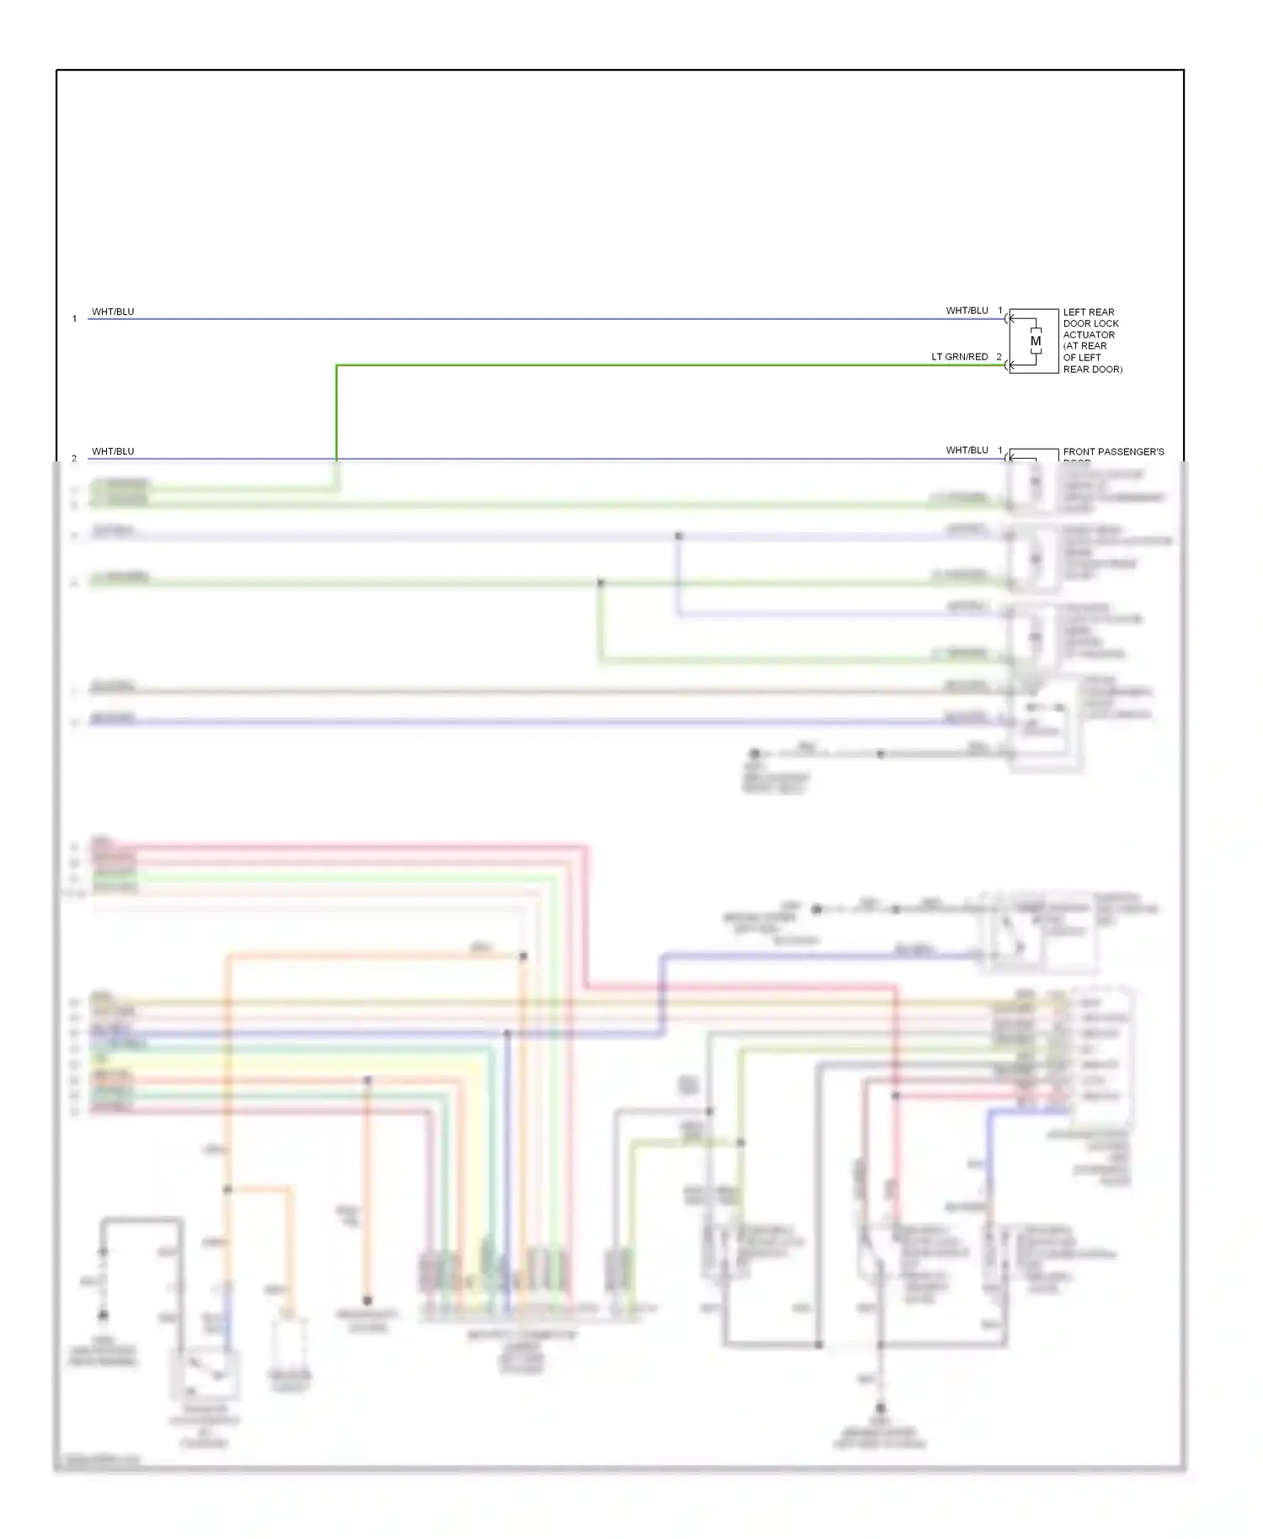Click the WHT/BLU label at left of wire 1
click(113, 312)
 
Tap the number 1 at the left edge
click(74, 319)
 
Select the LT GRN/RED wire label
click(959, 357)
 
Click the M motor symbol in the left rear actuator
click(1035, 341)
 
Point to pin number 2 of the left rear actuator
click(999, 357)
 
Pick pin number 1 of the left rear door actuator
click(1000, 311)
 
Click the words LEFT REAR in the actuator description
click(1088, 312)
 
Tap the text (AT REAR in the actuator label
click(1084, 346)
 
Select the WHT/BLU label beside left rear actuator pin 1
click(967, 311)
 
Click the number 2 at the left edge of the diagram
click(74, 459)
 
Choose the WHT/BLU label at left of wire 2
click(113, 451)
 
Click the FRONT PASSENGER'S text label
click(1113, 452)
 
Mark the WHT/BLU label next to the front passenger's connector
click(967, 450)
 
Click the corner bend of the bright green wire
click(337, 366)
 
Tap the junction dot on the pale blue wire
click(679, 536)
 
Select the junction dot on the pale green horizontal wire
click(600, 583)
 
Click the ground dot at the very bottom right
click(881, 1408)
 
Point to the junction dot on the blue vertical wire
click(507, 1034)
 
